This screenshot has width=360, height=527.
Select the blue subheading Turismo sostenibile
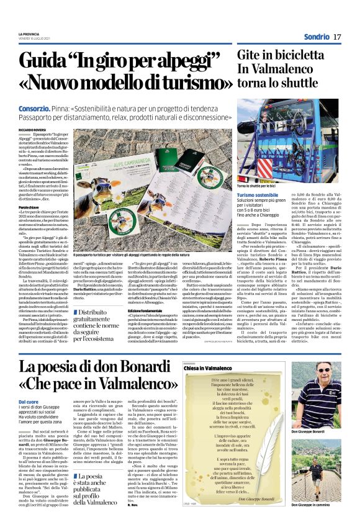[261, 194]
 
